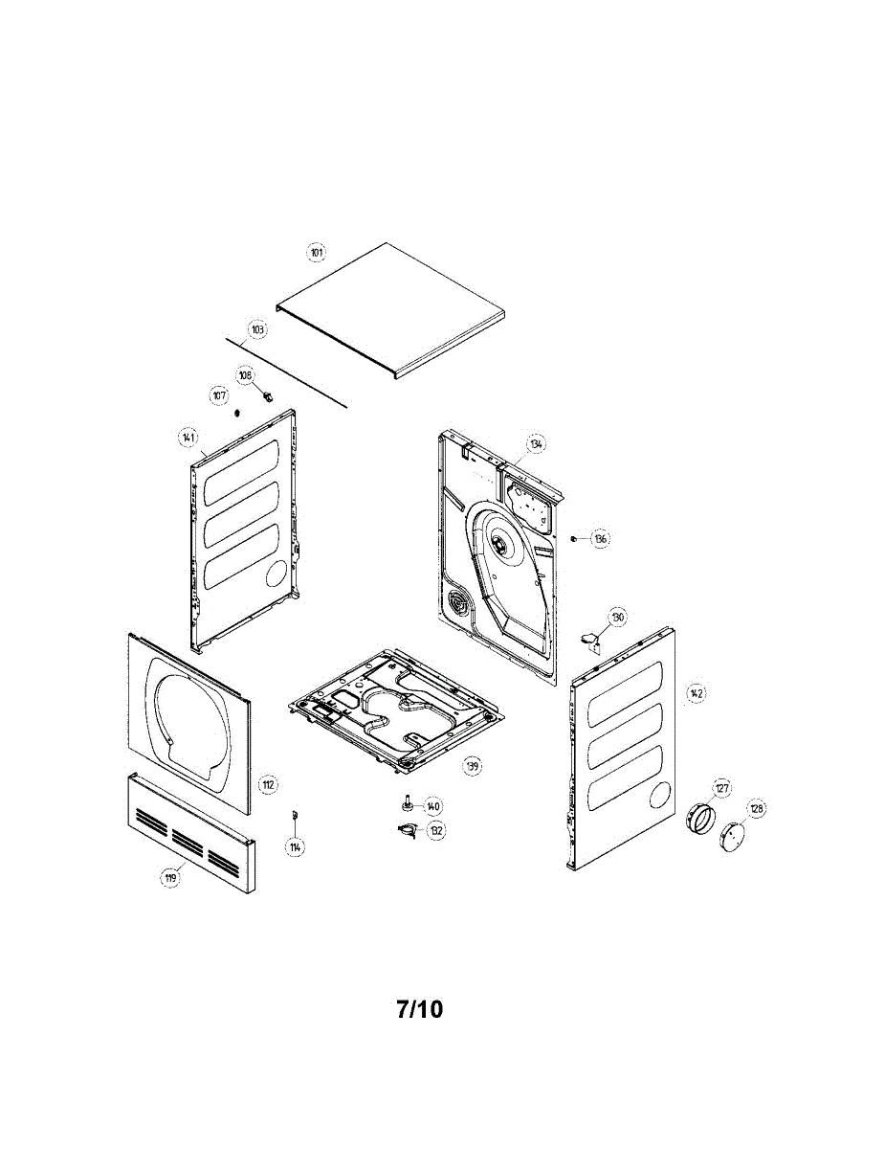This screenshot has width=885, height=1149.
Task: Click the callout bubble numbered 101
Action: tap(317, 252)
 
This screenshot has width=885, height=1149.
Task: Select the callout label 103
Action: tap(256, 328)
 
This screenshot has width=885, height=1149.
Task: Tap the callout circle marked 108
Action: tap(246, 375)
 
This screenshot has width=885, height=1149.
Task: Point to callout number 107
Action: tap(219, 395)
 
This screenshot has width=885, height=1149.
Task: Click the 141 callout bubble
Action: tap(188, 439)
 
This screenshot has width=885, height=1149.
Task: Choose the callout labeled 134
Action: tap(536, 444)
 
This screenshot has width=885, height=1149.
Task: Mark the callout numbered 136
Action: tap(600, 539)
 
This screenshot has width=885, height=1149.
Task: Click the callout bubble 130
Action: tap(617, 619)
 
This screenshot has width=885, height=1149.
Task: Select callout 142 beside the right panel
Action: tap(697, 692)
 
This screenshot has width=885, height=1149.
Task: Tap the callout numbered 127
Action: tap(721, 788)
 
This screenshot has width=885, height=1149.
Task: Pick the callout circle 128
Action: tap(757, 809)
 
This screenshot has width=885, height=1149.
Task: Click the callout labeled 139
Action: tap(472, 765)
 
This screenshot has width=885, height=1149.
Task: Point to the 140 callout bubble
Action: tap(433, 806)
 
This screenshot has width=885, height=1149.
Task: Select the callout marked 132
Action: tap(436, 831)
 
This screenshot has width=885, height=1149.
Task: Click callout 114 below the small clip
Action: tap(296, 847)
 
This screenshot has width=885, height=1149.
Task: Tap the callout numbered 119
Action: tap(170, 877)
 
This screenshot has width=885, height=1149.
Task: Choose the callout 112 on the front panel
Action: tap(269, 785)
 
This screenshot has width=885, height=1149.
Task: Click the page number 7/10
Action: tap(419, 1009)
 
